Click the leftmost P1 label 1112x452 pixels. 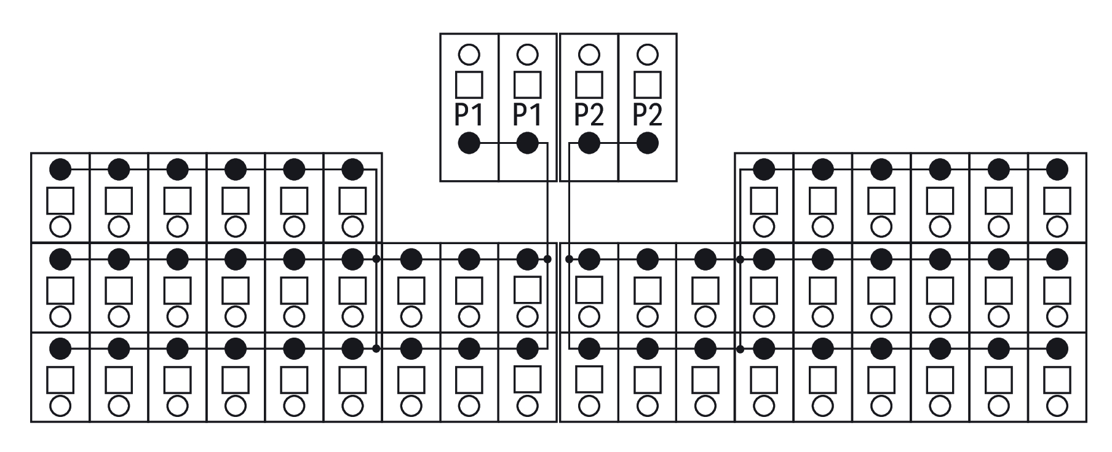coord(469,114)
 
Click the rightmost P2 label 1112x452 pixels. coord(648,114)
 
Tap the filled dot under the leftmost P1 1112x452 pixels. coord(469,144)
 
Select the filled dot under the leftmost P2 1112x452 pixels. coord(589,144)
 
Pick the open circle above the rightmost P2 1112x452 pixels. coord(648,55)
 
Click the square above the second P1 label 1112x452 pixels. coord(528,84)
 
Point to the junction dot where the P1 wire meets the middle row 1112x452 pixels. coord(547,260)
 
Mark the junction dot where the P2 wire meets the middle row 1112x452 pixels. coord(569,260)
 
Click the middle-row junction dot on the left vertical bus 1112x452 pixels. coord(376,260)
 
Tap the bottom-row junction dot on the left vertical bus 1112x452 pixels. coord(376,349)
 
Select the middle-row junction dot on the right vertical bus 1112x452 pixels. coord(741,260)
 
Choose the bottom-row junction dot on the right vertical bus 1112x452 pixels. coord(741,349)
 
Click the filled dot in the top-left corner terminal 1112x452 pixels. coord(60,169)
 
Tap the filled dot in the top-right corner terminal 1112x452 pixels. coord(1057,169)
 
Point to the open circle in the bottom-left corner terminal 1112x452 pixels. coord(60,406)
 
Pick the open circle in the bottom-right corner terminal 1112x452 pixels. coord(1057,406)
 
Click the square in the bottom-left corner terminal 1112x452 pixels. coord(60,380)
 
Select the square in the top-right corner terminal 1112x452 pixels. coord(1057,200)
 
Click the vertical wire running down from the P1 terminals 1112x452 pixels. coord(547,246)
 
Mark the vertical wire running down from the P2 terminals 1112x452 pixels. coord(569,246)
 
